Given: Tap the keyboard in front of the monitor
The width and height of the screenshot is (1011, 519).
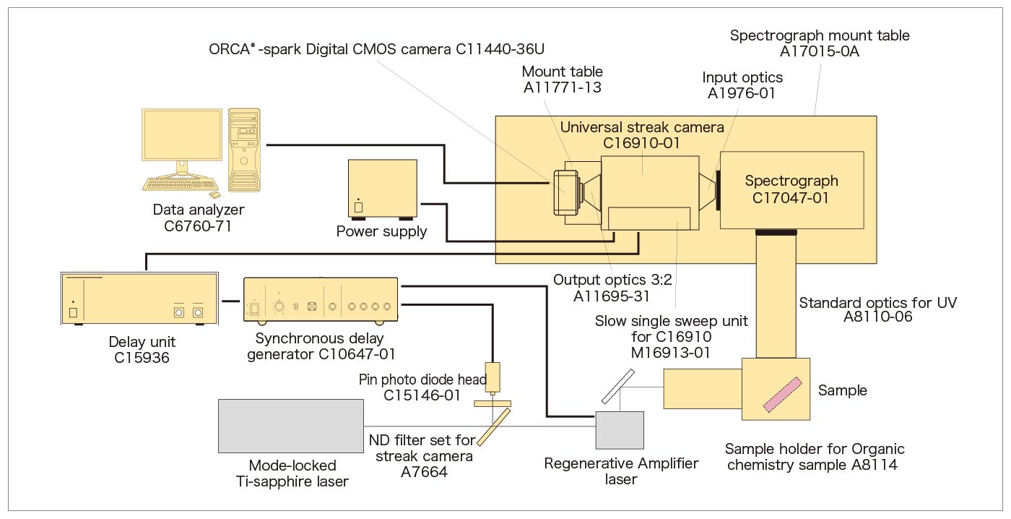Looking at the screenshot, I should tap(173, 184).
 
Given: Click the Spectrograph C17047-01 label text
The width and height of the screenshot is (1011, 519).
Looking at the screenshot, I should tap(791, 189).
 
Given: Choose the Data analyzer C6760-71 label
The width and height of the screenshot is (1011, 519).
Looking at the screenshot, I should tap(199, 218).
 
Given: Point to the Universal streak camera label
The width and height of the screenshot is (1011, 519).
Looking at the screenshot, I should tap(642, 135).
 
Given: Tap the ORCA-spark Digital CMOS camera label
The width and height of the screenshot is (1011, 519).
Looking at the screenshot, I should tap(376, 49).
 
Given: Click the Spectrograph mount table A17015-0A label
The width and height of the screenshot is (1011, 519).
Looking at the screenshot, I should tap(820, 43).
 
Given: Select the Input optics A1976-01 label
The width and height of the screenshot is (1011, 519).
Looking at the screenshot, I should tap(742, 85).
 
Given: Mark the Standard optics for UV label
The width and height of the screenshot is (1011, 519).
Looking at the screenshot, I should tap(877, 310).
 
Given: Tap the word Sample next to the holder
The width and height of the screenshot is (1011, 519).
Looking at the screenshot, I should tap(842, 390).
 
